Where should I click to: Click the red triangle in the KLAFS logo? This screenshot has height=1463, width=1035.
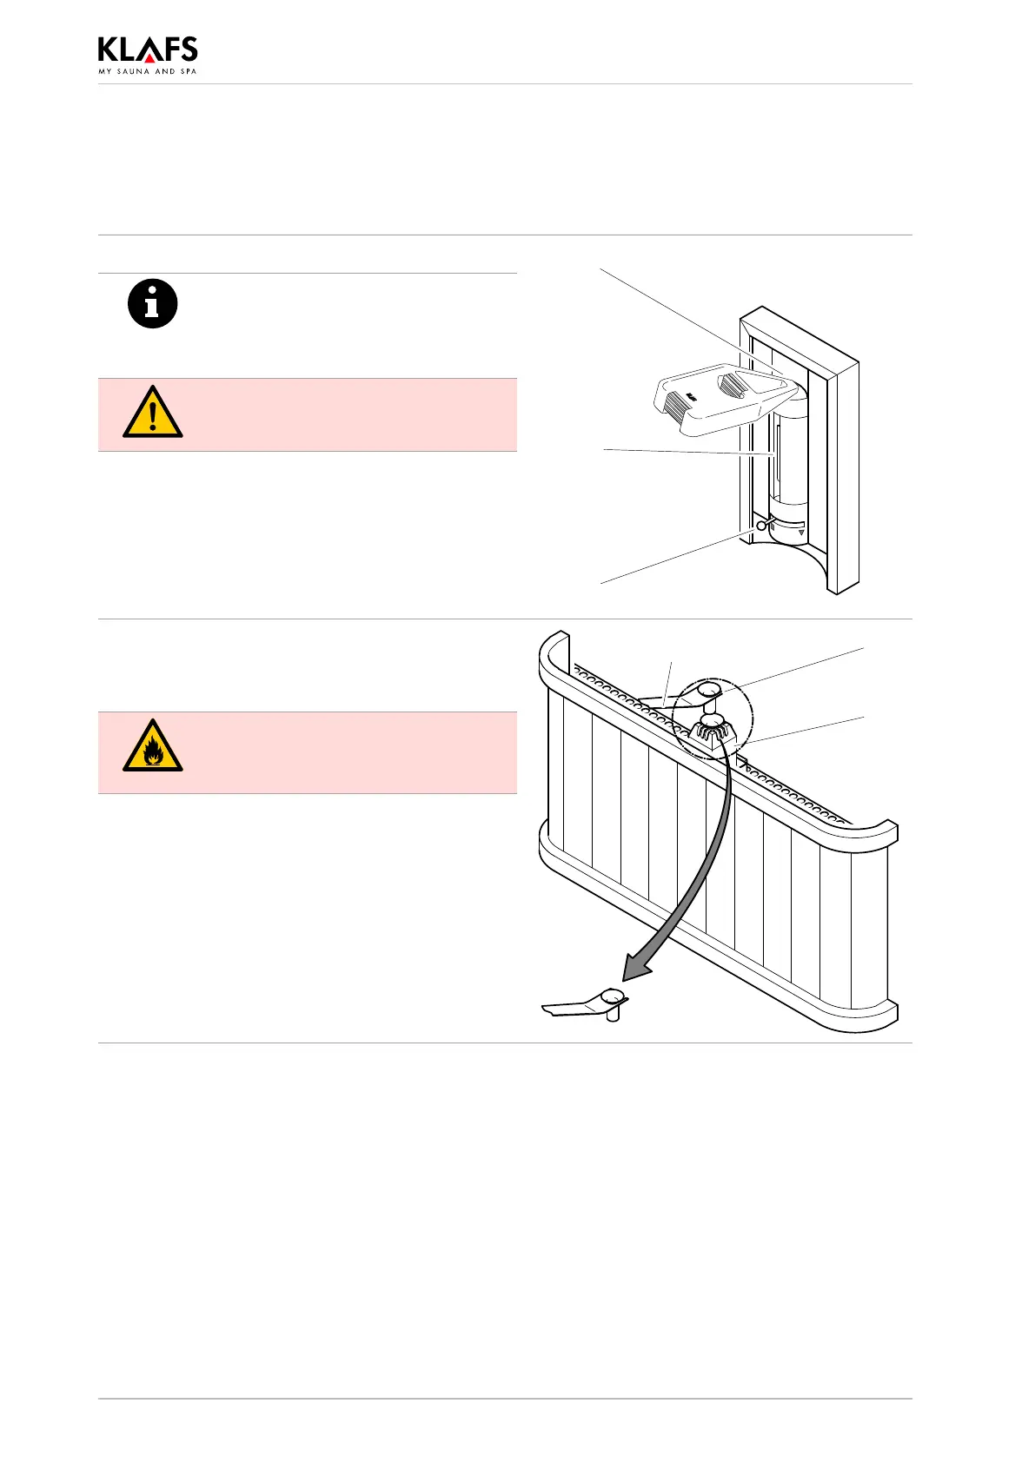(150, 58)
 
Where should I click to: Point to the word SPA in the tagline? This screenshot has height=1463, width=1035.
(189, 71)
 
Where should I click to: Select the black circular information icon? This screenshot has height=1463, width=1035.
(153, 305)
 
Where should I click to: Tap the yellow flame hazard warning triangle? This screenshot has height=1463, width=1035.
(153, 746)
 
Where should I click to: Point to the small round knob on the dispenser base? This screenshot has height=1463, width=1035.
(762, 526)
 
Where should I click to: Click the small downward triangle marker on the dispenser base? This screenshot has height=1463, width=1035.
(801, 534)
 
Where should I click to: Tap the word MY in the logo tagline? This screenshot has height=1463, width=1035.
(104, 71)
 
